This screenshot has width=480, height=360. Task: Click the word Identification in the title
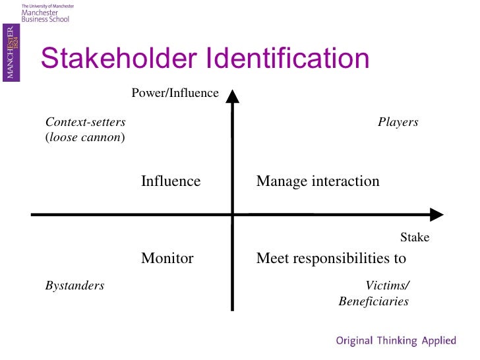point(287,59)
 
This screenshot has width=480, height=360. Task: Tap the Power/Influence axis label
point(175,93)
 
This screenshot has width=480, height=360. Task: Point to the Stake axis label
point(415,237)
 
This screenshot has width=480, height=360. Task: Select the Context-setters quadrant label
point(85,122)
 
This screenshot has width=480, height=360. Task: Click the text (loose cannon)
point(85,138)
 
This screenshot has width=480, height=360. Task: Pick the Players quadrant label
point(398,122)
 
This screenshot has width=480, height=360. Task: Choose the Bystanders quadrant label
point(75,285)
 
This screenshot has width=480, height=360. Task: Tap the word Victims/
point(387,285)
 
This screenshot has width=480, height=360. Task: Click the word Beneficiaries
point(373,301)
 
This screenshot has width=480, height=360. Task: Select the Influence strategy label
point(171,181)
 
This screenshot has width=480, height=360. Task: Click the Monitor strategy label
point(167,258)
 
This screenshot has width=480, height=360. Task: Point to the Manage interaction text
point(318,181)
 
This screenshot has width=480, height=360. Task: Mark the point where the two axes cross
point(232,214)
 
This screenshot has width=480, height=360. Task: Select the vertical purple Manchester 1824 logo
point(11,53)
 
